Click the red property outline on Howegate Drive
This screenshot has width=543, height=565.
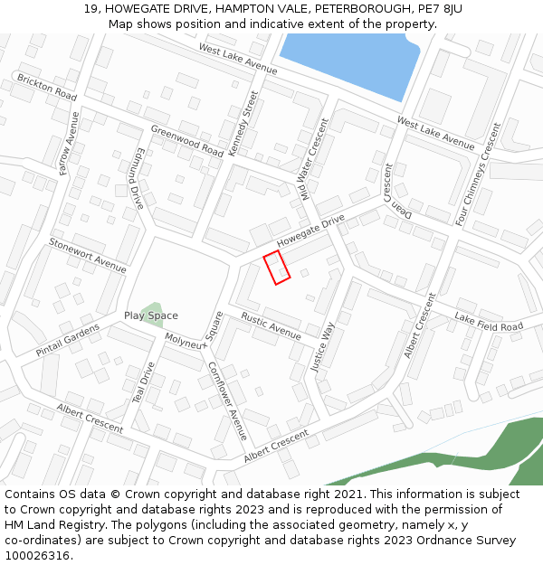click(277, 268)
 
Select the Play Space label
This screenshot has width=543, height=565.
click(151, 315)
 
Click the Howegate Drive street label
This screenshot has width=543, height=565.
click(311, 231)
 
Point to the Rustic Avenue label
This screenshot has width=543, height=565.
click(271, 326)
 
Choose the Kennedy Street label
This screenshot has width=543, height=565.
click(244, 124)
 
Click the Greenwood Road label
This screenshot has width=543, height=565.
click(186, 141)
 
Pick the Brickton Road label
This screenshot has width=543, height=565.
click(47, 87)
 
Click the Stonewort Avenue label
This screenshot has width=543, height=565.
click(88, 255)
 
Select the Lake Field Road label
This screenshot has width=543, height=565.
click(489, 321)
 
